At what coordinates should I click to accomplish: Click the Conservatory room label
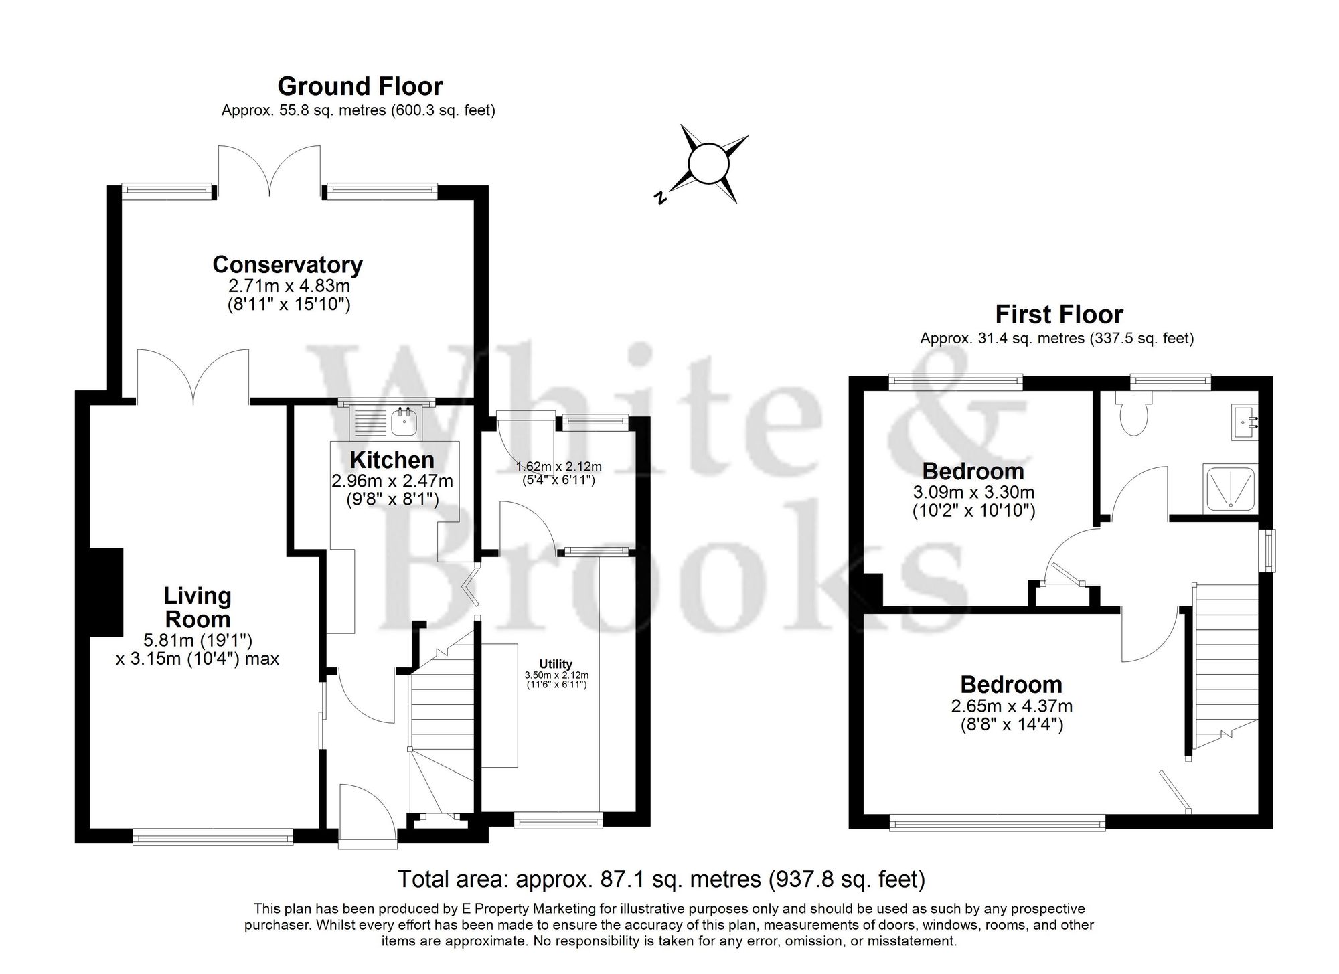[287, 265]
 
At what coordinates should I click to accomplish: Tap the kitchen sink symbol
[404, 422]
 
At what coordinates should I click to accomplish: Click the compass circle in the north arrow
[708, 163]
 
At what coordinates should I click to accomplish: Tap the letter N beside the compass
[660, 197]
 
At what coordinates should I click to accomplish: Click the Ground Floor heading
[360, 87]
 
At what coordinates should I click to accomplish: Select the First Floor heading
[1058, 315]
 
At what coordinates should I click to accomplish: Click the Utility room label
[556, 664]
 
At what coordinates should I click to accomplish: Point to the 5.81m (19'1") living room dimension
[198, 640]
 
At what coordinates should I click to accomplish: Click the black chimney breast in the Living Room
[106, 592]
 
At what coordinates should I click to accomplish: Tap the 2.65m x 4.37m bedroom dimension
[1011, 706]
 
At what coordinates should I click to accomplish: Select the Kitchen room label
[392, 460]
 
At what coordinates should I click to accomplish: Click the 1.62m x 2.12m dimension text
[558, 467]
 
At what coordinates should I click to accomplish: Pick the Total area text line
[661, 879]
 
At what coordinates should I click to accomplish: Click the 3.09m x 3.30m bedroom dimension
[973, 493]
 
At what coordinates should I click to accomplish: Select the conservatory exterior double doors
[269, 171]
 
